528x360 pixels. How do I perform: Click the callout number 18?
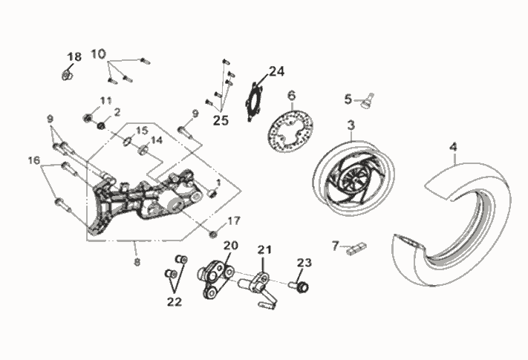point(74,56)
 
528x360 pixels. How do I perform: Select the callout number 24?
point(276,71)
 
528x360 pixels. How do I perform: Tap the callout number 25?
point(221,120)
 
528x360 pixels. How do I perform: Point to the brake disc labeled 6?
point(290,131)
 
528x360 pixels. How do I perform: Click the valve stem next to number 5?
point(366,100)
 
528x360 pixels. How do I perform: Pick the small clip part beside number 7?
point(356,249)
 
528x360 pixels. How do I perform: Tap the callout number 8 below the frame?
point(137,262)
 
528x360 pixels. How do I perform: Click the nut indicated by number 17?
point(213,234)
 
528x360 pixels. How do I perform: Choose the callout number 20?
point(231,246)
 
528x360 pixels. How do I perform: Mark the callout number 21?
point(264,249)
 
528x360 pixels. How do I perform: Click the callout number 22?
point(175,302)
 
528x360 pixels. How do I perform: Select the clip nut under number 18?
point(68,75)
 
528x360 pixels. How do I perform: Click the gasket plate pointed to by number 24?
point(254,102)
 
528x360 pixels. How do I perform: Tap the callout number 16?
point(33,160)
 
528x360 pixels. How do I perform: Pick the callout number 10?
point(98,54)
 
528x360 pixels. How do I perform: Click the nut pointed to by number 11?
point(88,118)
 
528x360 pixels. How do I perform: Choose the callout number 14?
point(156,140)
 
